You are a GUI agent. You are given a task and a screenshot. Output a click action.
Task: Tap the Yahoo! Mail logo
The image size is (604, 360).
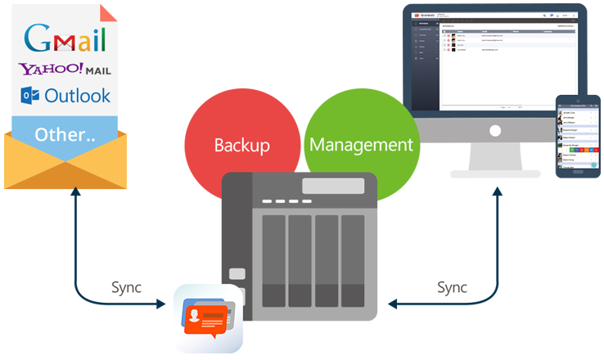[x=65, y=70]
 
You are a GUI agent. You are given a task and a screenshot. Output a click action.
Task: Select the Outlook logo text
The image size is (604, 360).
[x=77, y=96]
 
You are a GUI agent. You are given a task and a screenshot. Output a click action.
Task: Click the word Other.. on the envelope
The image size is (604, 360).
[x=65, y=133]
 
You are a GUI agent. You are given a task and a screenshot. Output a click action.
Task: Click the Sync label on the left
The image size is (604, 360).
[x=126, y=287]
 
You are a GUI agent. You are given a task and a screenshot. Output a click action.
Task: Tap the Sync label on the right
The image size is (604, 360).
[x=452, y=287]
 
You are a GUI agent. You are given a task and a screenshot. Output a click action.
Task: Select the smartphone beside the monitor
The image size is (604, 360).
[x=578, y=136]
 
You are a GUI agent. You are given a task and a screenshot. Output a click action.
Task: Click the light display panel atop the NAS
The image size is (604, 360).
[x=333, y=186]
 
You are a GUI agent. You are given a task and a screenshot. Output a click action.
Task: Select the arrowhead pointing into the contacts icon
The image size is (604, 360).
[x=167, y=304]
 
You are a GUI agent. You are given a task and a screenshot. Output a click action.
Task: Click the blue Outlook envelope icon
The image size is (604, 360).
[x=30, y=96]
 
